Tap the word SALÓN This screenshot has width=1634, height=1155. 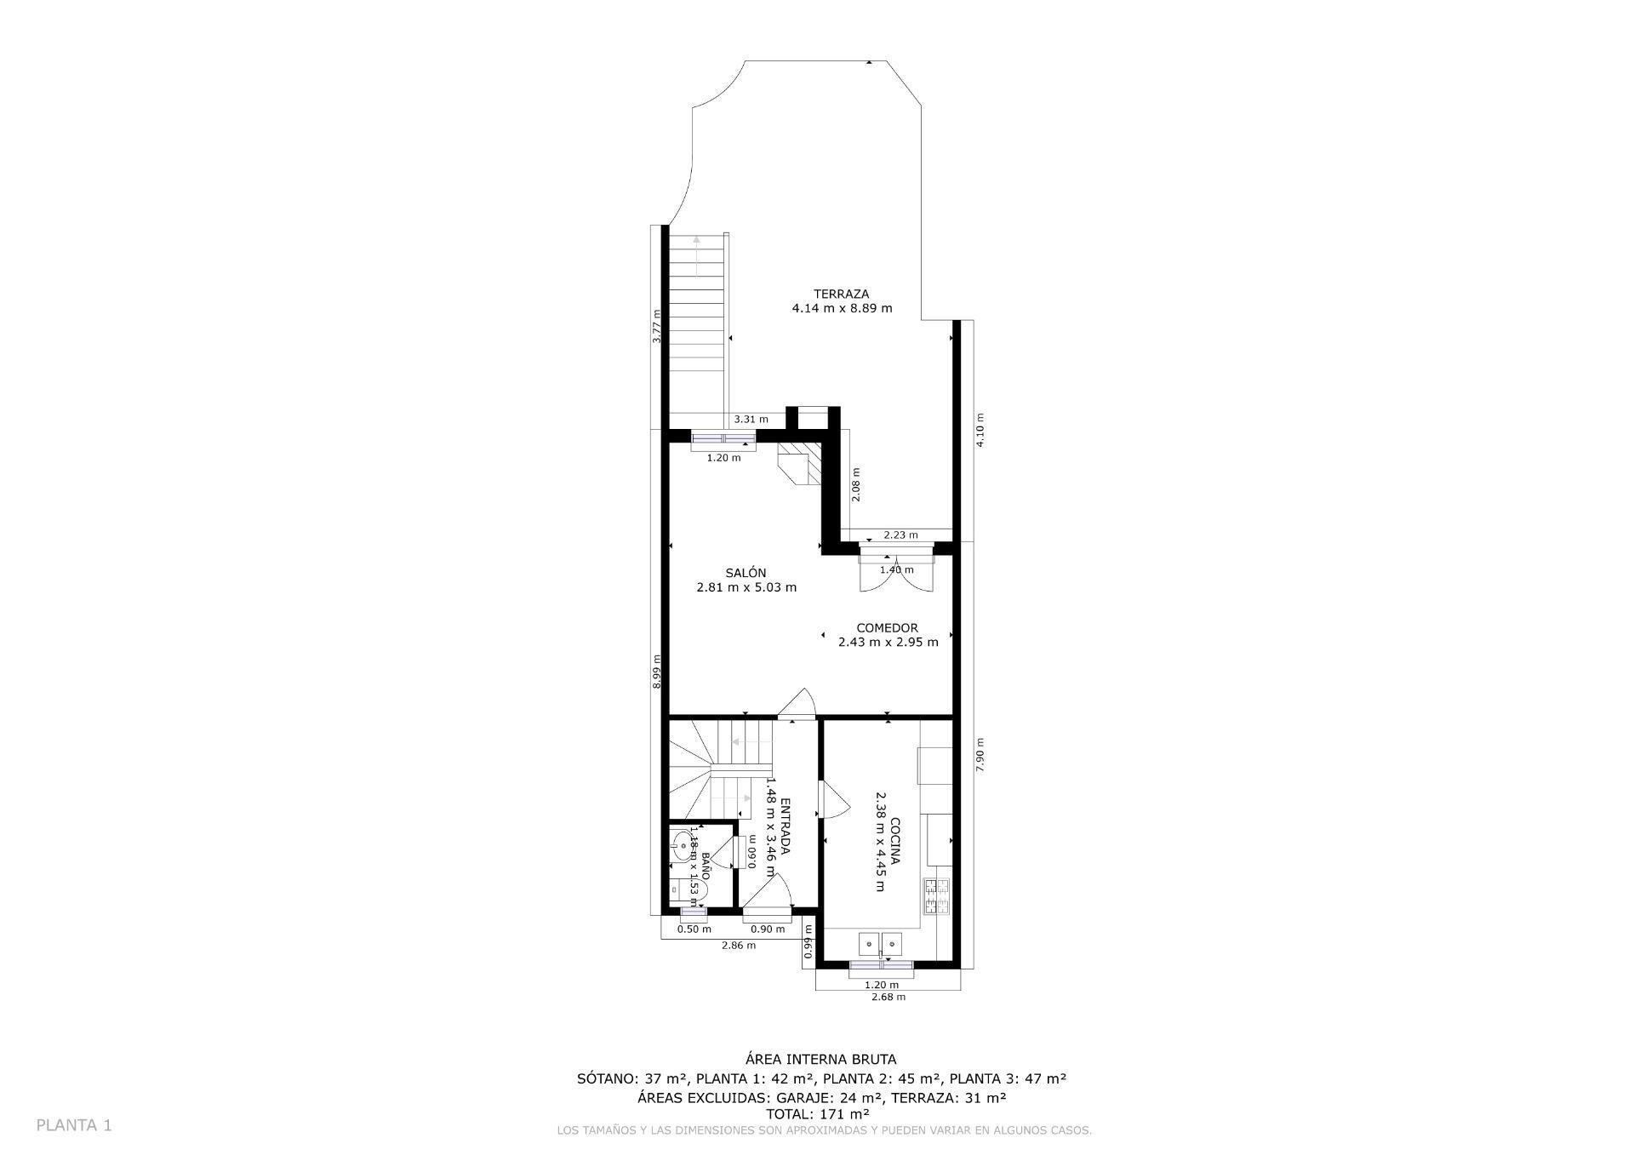coord(746,573)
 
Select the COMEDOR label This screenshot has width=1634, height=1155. coord(887,628)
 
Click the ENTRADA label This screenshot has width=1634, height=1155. coord(785,826)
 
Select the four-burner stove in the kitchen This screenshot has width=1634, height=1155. coord(936,896)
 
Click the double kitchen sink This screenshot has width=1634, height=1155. coord(880,943)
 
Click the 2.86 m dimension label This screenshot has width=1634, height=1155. coord(738,946)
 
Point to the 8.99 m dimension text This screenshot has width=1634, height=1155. coord(656,671)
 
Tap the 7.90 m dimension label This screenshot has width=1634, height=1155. coord(980,754)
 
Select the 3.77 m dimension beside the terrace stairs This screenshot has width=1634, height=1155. coord(656,327)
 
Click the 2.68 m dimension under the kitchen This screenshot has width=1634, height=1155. coord(888,997)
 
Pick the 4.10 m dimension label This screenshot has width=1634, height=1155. coord(980,430)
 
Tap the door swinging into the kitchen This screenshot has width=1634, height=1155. coord(833,800)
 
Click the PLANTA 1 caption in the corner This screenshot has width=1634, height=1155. coord(74,1125)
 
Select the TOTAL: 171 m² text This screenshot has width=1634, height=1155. coord(817,1113)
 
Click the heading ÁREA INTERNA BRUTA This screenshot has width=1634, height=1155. coord(820,1060)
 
